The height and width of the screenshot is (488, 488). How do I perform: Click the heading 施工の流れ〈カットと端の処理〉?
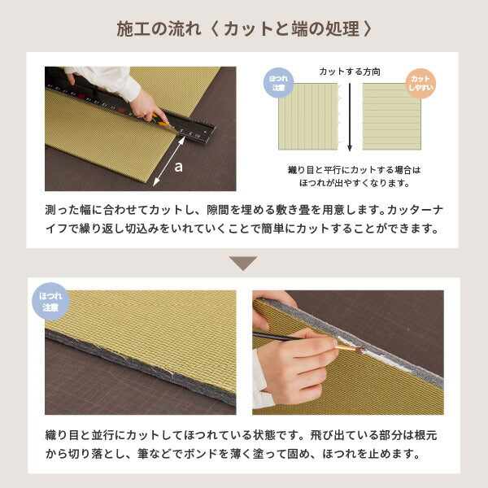coord(244,29)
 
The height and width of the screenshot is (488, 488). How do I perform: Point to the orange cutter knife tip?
coord(165,123)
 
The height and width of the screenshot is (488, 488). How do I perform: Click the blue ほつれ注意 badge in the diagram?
coord(279,83)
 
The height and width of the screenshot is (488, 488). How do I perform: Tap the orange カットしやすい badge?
coord(420,83)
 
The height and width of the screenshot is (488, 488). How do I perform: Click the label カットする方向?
coord(350,72)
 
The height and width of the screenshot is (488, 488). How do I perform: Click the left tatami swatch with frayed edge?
coord(307,116)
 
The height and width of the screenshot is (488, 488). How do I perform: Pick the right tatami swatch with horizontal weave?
coord(391,116)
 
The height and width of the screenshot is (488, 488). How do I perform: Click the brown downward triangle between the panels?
coord(243,264)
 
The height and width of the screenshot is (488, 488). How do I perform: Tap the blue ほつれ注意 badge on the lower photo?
coord(50,302)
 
